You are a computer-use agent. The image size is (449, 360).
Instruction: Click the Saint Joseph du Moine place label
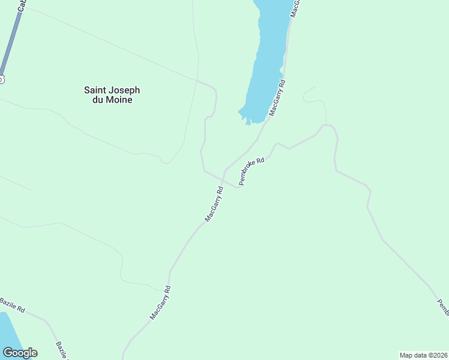112,95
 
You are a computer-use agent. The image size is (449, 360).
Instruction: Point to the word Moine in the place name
119,100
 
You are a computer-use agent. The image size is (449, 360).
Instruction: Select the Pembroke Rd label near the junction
252,172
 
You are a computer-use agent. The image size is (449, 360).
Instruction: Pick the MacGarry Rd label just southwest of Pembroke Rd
214,204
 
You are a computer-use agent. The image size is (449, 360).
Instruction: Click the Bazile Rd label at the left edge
12,305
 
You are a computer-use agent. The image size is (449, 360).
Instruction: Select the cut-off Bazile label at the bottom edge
62,350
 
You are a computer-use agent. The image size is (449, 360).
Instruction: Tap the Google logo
20,353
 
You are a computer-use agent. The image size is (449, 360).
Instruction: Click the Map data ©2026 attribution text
423,355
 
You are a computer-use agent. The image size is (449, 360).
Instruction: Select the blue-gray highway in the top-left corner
11,42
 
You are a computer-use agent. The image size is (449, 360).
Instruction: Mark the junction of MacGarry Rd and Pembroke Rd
224,170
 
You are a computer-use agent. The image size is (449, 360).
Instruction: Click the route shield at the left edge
1,79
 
